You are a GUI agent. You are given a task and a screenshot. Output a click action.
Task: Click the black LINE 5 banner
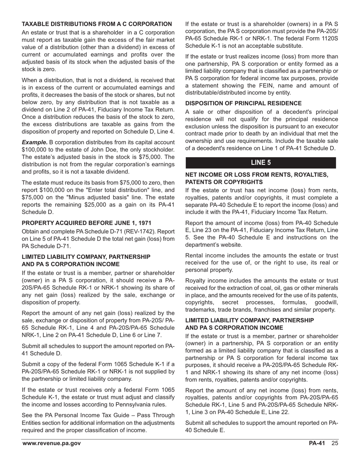click(261, 163)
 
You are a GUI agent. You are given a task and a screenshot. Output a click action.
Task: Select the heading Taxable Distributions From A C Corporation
click(97, 24)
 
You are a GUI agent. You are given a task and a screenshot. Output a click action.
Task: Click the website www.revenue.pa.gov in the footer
click(51, 444)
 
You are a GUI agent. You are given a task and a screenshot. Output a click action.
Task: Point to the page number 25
click(335, 444)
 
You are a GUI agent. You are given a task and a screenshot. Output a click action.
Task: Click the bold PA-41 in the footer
click(317, 444)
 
